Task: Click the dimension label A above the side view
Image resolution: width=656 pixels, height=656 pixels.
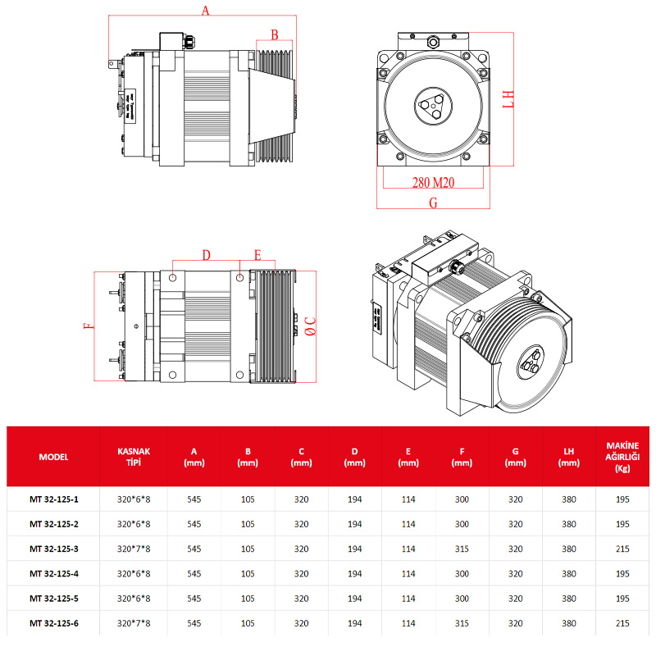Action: pos(206,10)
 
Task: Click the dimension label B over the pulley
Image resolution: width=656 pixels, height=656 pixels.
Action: pos(275,34)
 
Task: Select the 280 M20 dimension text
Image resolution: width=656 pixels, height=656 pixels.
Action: pos(433,182)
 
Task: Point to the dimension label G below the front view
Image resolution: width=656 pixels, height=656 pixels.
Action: pos(433,202)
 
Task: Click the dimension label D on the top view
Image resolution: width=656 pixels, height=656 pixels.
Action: pos(206,255)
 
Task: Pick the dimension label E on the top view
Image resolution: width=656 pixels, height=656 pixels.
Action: pos(257,255)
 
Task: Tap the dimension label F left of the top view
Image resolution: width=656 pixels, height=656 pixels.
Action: pos(89,326)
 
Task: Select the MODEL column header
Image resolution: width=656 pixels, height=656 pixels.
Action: pos(53,457)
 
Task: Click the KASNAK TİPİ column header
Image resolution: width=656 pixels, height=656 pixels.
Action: pos(134,457)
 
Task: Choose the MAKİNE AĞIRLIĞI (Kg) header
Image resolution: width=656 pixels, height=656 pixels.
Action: pos(622,457)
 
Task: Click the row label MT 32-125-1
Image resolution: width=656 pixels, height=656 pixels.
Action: pos(53,498)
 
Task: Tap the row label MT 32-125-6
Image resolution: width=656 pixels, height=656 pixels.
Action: pos(53,623)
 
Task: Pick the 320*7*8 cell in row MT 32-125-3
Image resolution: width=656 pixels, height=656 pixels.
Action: pos(134,549)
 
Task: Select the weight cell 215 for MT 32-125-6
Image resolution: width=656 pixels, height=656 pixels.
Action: pos(622,623)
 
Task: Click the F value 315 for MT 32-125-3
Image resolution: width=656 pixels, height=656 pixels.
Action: pos(462,549)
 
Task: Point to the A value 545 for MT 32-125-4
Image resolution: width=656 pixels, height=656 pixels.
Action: pos(194,573)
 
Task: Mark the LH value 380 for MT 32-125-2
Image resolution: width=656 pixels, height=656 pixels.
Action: pos(568,523)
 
